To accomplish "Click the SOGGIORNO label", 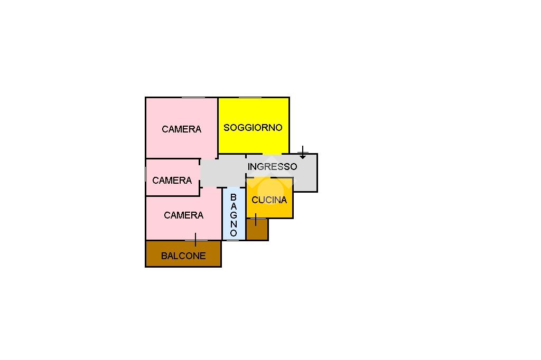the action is coord(253,128).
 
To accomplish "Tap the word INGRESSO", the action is coord(272,167).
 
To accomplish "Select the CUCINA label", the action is coord(269,200).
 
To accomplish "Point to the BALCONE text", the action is coord(183,255).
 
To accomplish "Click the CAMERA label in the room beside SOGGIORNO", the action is coord(182,129).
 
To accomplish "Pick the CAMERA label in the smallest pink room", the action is coord(172,180).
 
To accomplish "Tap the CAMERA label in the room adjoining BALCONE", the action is coord(183,215).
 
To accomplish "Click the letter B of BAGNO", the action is coord(234,197).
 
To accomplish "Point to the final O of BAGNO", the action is coord(234,233).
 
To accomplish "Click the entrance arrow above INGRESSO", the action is coord(303,153).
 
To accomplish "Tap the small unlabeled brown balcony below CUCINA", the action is coord(257,229).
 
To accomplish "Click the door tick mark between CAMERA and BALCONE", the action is coord(195,240).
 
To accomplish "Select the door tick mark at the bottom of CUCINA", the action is coord(256,219).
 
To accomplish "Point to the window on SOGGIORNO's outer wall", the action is coord(250,98).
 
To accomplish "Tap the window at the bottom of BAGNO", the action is coord(234,240).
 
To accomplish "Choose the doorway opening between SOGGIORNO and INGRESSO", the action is coord(272,154).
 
